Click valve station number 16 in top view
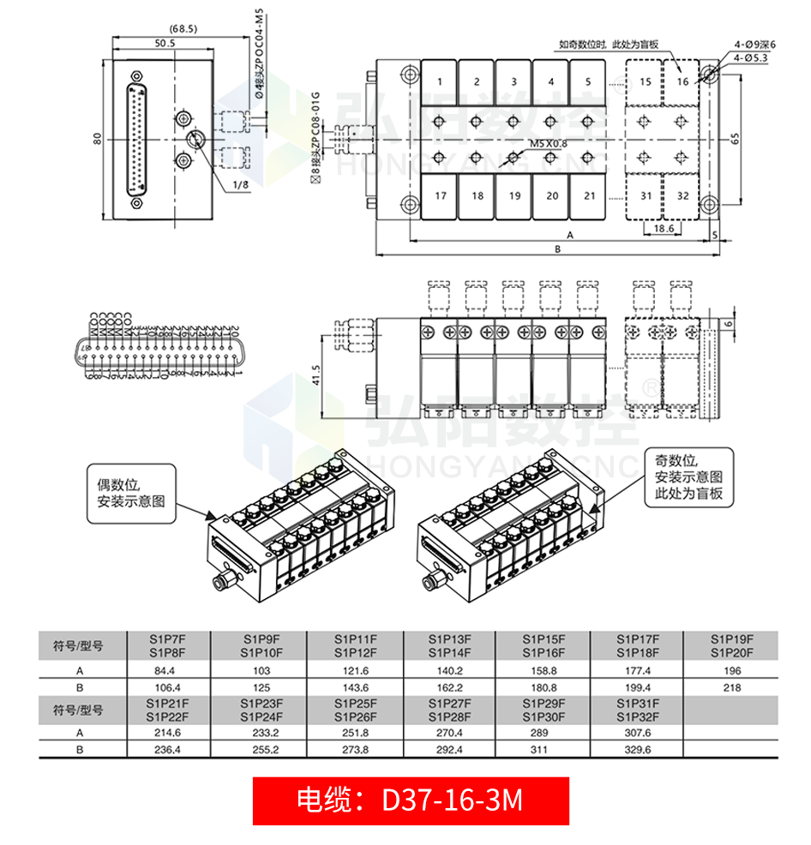(x=682, y=82)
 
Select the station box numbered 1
(x=440, y=82)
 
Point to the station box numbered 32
(x=682, y=196)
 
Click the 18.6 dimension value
(x=664, y=230)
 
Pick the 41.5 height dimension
(x=316, y=375)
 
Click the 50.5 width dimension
(x=165, y=43)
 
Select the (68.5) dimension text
(x=183, y=28)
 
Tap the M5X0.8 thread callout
(x=549, y=143)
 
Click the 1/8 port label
(x=239, y=184)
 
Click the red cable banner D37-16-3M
(x=411, y=800)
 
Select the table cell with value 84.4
(x=163, y=670)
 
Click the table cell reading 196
(x=730, y=670)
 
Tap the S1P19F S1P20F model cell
(x=730, y=645)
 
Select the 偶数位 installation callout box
(x=130, y=493)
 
